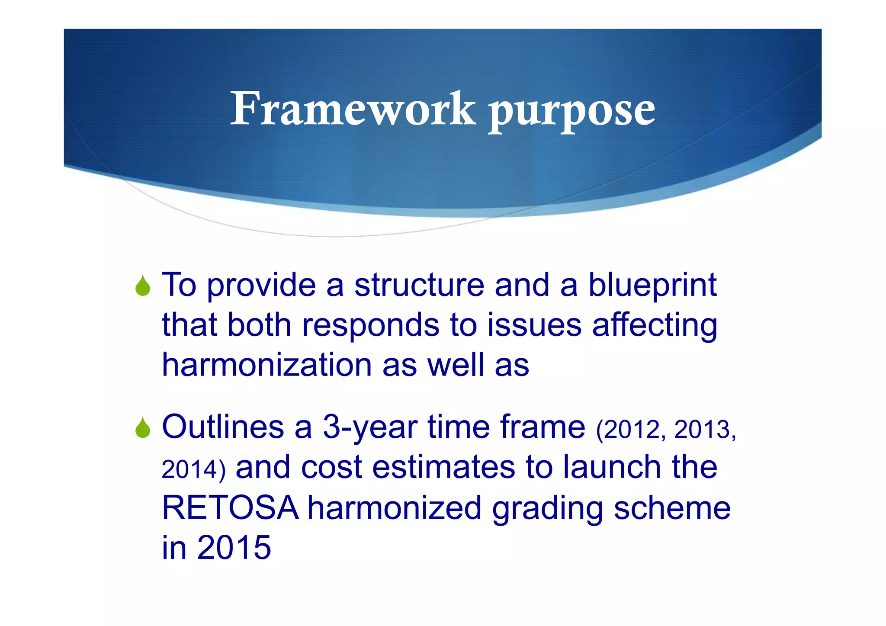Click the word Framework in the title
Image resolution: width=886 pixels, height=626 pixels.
click(x=353, y=109)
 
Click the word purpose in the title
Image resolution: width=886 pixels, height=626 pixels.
click(x=572, y=112)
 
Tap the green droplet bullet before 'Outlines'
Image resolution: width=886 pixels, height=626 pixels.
click(x=143, y=427)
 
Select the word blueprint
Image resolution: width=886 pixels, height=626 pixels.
click(x=652, y=286)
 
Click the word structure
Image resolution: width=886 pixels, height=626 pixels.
click(x=419, y=286)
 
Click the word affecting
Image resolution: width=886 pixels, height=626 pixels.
click(x=655, y=326)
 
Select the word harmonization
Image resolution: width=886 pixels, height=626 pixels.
click(x=266, y=365)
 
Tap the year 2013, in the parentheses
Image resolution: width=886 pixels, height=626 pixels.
click(x=705, y=430)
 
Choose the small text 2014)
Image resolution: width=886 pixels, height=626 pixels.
click(x=193, y=470)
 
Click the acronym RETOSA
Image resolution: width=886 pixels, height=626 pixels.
click(x=230, y=508)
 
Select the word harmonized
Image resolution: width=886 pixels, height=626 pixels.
click(x=394, y=508)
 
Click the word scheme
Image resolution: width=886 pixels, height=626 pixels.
click(x=672, y=508)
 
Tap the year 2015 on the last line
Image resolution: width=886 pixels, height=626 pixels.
click(x=234, y=548)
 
